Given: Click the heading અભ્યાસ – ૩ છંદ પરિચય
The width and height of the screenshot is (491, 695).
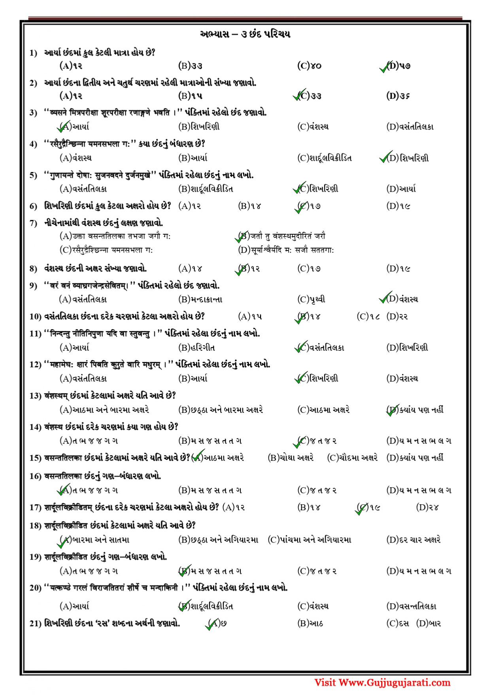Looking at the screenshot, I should [x=245, y=34].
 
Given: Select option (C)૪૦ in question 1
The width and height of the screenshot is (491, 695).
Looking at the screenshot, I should [x=309, y=66].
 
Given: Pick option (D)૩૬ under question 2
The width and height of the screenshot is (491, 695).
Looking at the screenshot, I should [x=398, y=96].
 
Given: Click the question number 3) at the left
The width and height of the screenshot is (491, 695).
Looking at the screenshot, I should [x=33, y=113].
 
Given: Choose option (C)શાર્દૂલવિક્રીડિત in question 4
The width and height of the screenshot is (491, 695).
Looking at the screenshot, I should [x=324, y=158].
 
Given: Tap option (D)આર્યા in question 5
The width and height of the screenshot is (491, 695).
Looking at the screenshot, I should [x=400, y=189].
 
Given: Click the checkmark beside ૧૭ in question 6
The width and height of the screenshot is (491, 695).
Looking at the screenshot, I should [x=300, y=207].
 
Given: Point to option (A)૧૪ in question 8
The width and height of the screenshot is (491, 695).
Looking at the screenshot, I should [x=190, y=269].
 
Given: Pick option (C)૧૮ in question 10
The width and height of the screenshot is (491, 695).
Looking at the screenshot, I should [x=368, y=317].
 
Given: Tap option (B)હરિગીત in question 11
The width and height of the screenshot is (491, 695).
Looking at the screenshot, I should [x=196, y=348].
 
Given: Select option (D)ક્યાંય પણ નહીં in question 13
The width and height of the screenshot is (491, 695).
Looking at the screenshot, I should [x=415, y=410].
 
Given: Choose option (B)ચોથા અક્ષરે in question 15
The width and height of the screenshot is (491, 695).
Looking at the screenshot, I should [x=291, y=458].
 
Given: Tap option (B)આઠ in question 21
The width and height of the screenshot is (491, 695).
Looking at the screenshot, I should [x=310, y=624].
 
